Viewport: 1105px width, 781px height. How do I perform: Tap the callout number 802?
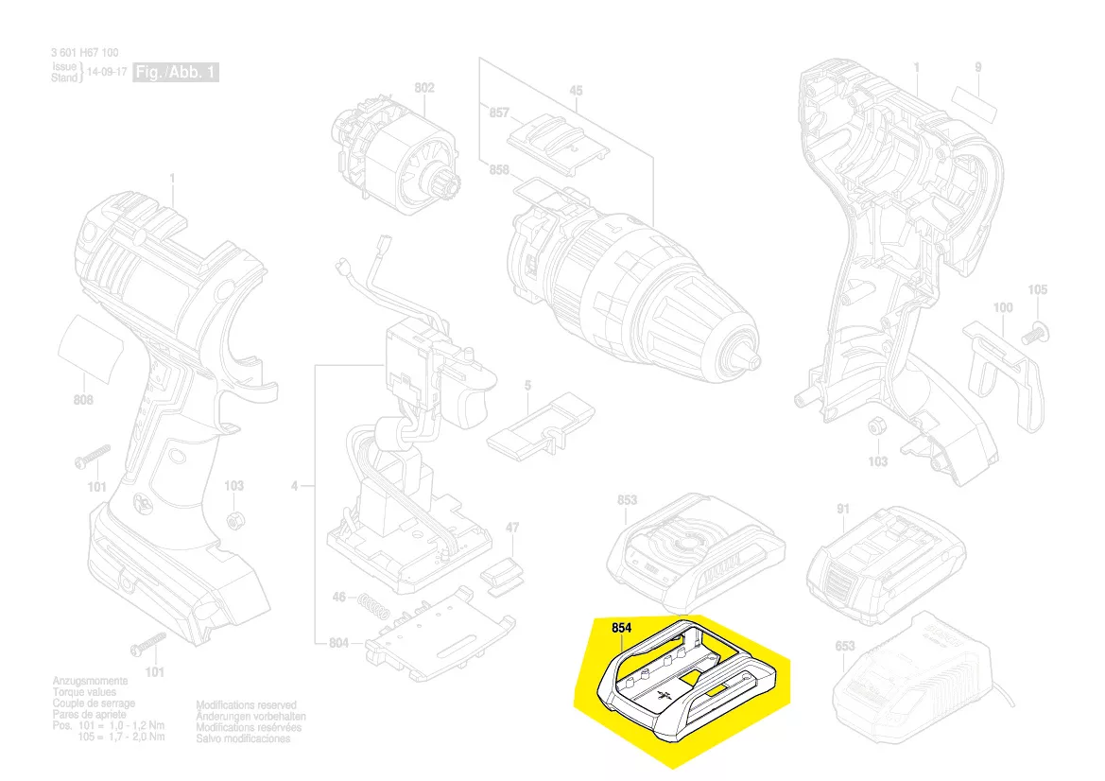[424, 89]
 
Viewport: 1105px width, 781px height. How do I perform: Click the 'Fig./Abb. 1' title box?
[177, 73]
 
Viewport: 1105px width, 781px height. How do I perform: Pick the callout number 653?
[844, 647]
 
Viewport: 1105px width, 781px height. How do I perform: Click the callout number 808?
[83, 400]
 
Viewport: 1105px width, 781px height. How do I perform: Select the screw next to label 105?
[1035, 332]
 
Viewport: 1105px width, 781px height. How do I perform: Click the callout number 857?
[499, 113]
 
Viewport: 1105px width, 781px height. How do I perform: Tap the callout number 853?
[627, 500]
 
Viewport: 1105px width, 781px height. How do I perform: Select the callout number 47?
[511, 527]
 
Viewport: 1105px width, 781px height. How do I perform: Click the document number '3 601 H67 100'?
[85, 54]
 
